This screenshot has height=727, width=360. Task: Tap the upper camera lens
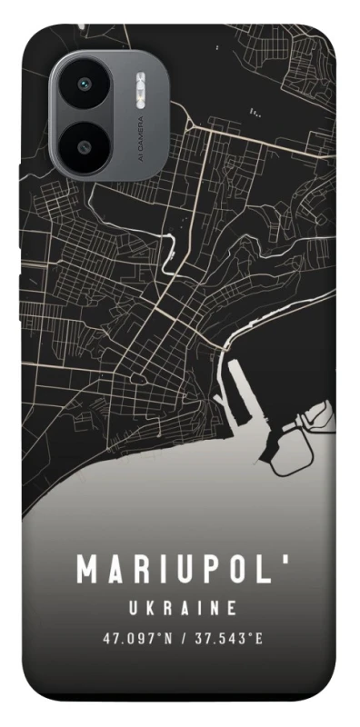point(84,85)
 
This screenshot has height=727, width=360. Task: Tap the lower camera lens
point(84,145)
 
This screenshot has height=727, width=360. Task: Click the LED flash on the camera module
point(139,95)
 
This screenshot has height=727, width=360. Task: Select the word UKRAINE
point(182,607)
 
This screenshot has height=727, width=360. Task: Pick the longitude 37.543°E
point(227,639)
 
